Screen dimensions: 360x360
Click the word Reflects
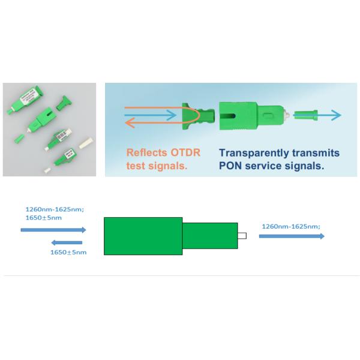point(144,151)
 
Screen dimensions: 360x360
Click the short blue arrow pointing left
point(67,242)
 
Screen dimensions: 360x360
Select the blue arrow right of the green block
point(292,236)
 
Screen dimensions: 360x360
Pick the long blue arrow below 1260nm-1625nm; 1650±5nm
point(53,230)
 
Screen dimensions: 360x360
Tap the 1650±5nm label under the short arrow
point(68,253)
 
